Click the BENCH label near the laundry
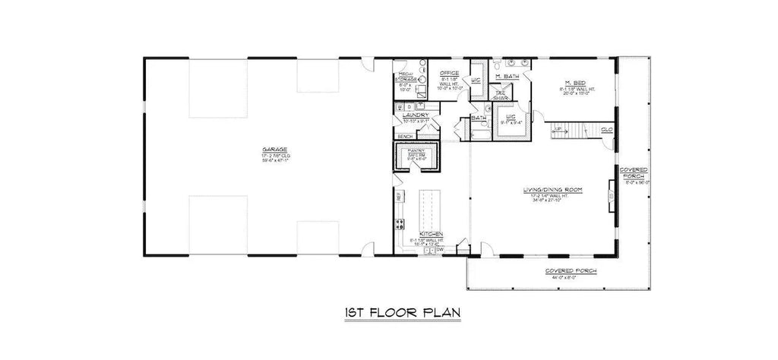point(404,137)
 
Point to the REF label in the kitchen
point(398,196)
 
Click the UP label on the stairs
point(558,130)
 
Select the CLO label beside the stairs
point(606,130)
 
